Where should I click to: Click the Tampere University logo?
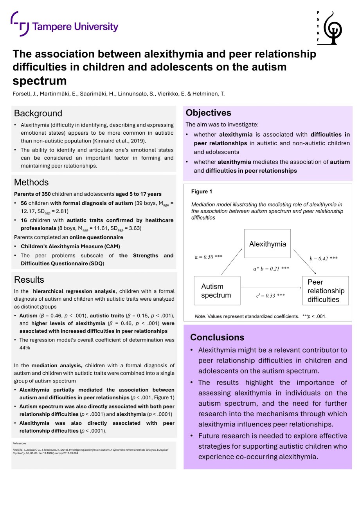65,25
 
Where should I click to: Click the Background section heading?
38,113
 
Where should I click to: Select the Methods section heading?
31,182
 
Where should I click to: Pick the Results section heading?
29,280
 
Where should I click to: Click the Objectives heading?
208,113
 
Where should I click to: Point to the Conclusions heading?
217,337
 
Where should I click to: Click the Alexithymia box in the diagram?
267,244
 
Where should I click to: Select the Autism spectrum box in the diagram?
217,291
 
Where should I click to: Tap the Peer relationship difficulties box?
325,291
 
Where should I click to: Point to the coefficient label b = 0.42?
323,258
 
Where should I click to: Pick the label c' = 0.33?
270,296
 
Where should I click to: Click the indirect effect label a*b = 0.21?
271,269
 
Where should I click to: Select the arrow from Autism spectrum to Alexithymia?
232,264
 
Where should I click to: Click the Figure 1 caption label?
202,191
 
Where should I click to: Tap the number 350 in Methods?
46,194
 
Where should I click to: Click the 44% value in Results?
25,347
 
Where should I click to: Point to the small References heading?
19,443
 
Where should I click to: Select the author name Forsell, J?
23,94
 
